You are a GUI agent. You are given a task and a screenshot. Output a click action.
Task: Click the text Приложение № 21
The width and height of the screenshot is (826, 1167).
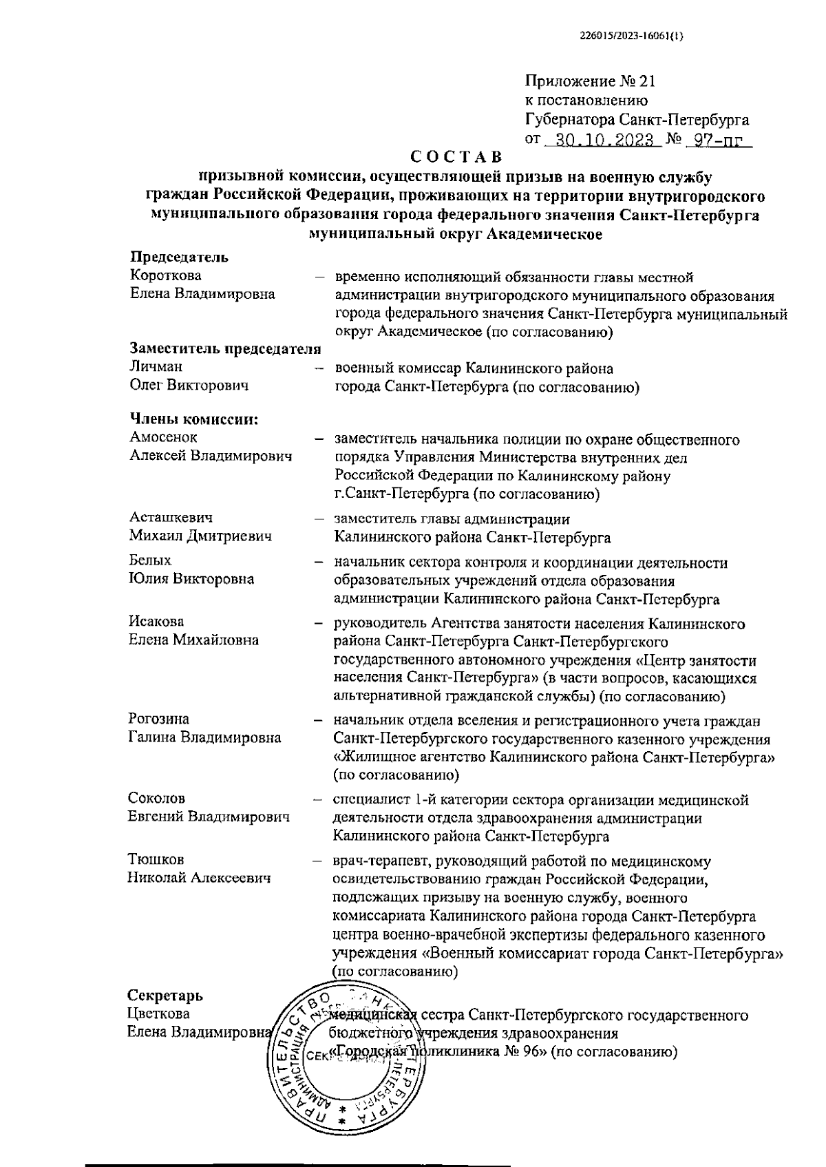tap(591, 81)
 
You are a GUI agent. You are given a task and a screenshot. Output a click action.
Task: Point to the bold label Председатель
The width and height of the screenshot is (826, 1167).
tap(179, 257)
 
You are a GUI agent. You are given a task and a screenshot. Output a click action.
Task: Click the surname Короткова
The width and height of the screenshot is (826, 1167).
tap(166, 276)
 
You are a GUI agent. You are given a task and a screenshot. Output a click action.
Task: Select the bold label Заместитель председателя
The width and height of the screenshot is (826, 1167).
tap(226, 348)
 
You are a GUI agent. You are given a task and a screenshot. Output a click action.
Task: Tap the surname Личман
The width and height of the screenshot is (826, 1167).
tap(156, 367)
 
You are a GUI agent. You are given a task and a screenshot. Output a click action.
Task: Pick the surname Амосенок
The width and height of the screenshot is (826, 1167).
tap(163, 437)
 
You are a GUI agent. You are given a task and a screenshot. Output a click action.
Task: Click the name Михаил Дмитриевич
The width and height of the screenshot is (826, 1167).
tap(200, 536)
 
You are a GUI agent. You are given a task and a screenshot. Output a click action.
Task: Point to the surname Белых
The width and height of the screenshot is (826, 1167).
tap(150, 560)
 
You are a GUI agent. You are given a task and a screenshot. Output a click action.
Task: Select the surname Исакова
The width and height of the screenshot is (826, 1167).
tap(156, 622)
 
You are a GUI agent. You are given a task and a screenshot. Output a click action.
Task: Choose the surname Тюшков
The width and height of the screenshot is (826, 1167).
tap(156, 860)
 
